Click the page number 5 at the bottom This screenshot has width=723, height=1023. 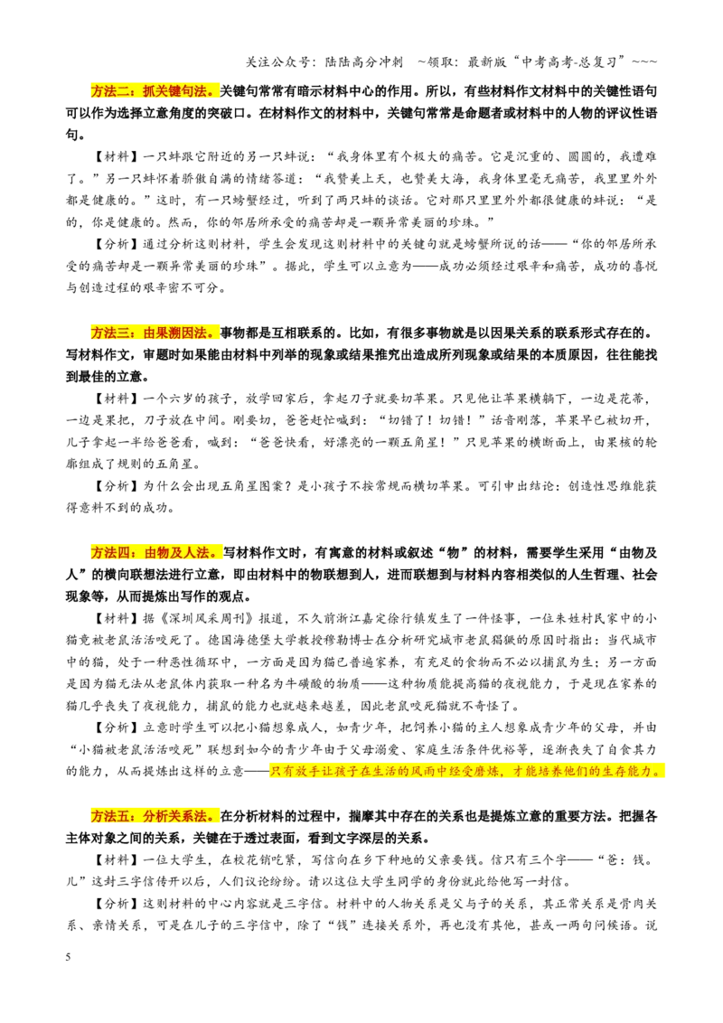[x=68, y=957]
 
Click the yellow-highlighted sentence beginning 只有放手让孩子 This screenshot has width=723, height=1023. [x=466, y=771]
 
